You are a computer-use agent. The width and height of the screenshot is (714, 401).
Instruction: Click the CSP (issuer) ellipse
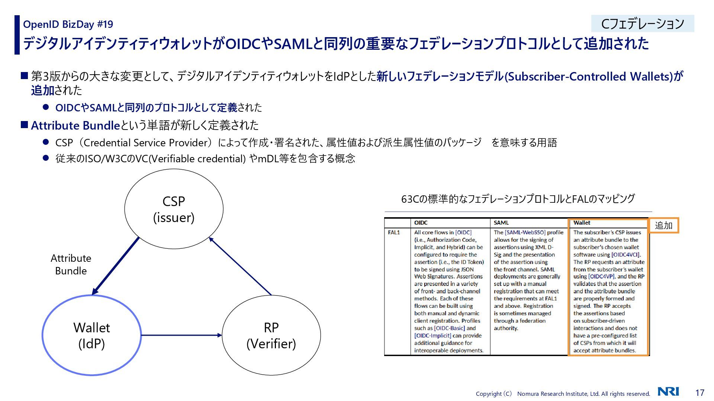click(174, 209)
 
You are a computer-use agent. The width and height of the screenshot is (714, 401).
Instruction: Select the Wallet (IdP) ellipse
click(91, 335)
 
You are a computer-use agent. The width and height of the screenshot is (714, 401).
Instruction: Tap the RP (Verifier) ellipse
click(271, 335)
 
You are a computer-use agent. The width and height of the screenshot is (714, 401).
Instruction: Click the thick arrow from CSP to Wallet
click(116, 266)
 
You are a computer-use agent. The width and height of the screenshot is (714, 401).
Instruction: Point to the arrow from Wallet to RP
click(181, 335)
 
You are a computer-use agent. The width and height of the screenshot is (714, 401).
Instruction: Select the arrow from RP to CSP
click(240, 266)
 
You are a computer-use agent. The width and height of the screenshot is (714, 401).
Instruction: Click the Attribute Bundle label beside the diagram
click(71, 264)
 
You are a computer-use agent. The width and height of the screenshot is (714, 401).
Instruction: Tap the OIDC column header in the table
click(421, 223)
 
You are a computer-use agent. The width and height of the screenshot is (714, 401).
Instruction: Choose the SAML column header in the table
click(501, 223)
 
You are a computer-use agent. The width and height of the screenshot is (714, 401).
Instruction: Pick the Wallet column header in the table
click(582, 223)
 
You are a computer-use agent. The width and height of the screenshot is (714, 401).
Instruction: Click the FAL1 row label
click(394, 232)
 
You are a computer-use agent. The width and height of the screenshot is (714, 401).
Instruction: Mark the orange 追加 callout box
click(664, 225)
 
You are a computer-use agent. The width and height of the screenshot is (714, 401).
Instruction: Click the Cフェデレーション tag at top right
click(643, 24)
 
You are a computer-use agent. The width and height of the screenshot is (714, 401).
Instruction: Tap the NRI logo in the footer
click(668, 392)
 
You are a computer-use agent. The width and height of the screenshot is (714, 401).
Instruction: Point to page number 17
click(700, 392)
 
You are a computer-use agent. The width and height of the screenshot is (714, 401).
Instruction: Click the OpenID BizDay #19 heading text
click(68, 25)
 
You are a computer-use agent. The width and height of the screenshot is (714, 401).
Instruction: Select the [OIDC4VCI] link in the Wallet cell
click(625, 255)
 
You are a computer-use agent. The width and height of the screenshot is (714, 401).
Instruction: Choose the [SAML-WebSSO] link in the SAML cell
click(525, 232)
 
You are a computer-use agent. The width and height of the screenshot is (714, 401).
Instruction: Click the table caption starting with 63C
click(518, 199)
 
